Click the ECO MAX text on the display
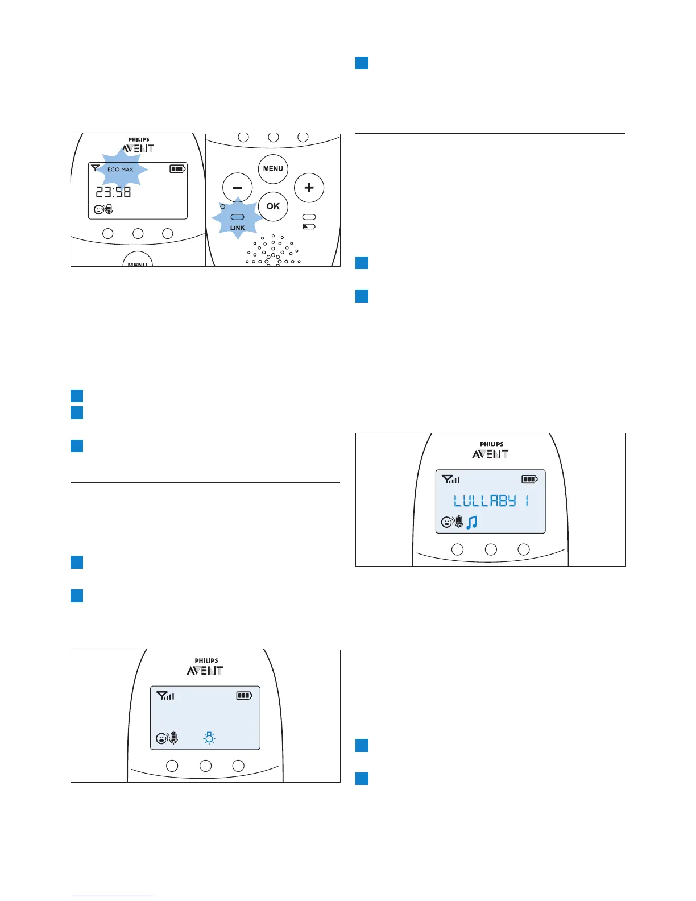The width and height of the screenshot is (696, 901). click(121, 170)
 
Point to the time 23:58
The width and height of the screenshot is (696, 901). click(113, 192)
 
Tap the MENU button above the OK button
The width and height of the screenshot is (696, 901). click(273, 169)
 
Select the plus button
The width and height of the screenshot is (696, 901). click(309, 188)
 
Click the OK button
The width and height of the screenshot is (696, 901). click(273, 206)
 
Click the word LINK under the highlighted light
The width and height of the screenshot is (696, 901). click(238, 228)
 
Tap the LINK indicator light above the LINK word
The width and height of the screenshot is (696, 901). click(238, 217)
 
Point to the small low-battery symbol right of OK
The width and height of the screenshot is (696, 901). click(309, 226)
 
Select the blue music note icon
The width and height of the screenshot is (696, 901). click(471, 522)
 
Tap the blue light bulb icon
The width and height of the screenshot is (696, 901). click(209, 738)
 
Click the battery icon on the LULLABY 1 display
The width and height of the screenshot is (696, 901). click(529, 480)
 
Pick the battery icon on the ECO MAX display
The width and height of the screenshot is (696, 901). click(177, 169)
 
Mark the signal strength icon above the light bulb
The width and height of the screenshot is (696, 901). click(165, 696)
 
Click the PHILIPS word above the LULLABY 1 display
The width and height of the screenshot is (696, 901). click(491, 444)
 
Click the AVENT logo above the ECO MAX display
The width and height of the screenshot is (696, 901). click(138, 149)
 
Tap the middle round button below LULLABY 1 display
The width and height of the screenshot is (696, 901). click(491, 549)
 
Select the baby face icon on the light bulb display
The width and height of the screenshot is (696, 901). click(161, 739)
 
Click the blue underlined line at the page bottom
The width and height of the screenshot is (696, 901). click(113, 896)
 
